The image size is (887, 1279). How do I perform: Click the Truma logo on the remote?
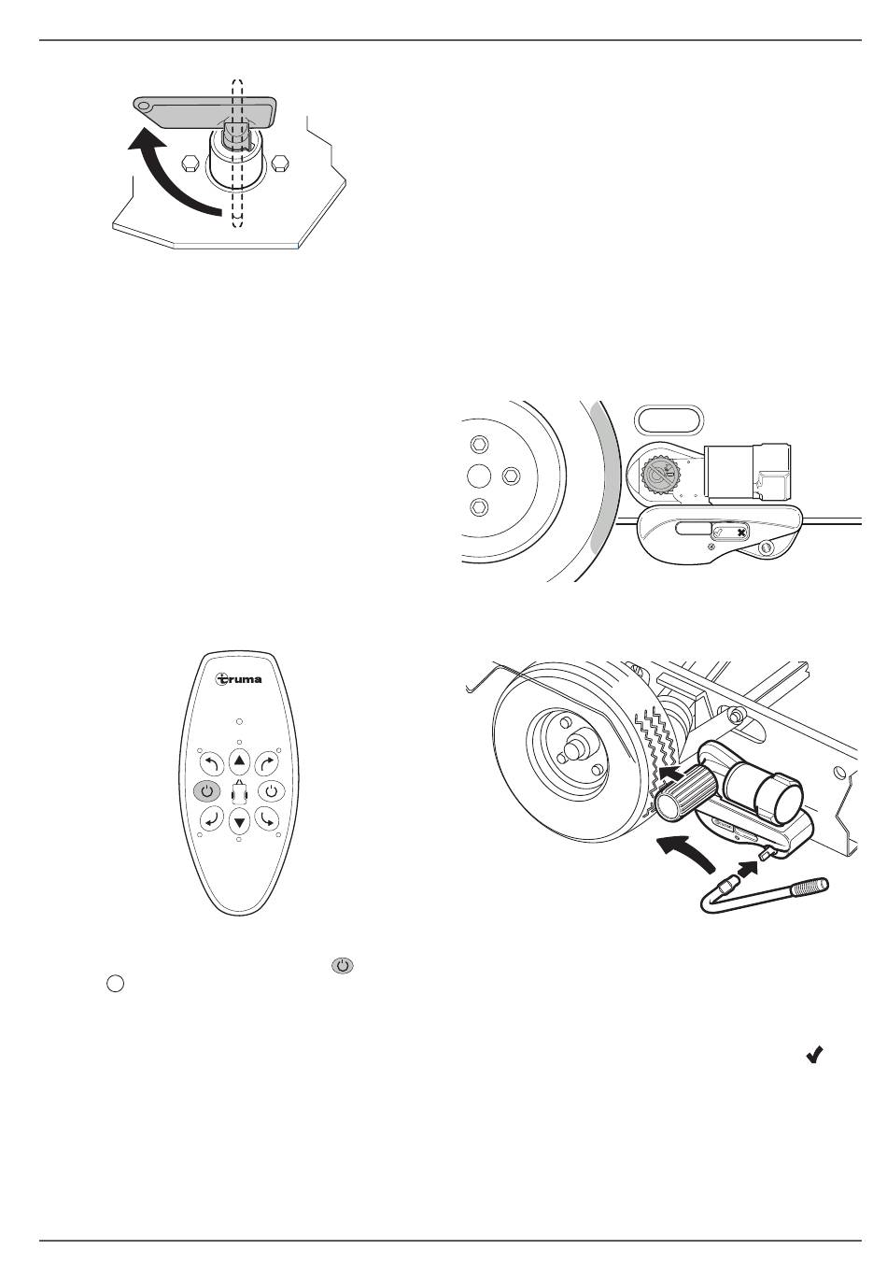pos(239,679)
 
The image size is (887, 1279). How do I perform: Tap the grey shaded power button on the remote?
pos(206,791)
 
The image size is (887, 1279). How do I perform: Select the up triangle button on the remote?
pos(239,760)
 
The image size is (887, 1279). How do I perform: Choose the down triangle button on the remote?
pos(239,822)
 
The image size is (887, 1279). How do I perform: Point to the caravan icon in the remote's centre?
pos(239,791)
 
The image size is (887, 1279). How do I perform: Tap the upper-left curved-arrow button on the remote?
pos(211,762)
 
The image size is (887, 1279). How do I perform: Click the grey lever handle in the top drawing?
pos(204,112)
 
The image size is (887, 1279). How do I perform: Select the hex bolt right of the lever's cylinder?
pos(280,163)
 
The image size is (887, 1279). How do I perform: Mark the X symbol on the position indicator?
pos(741,533)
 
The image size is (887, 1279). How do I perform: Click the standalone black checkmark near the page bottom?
pos(814,1054)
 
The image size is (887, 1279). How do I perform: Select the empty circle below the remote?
pos(115,983)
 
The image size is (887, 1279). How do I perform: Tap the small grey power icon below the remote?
pos(342,965)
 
